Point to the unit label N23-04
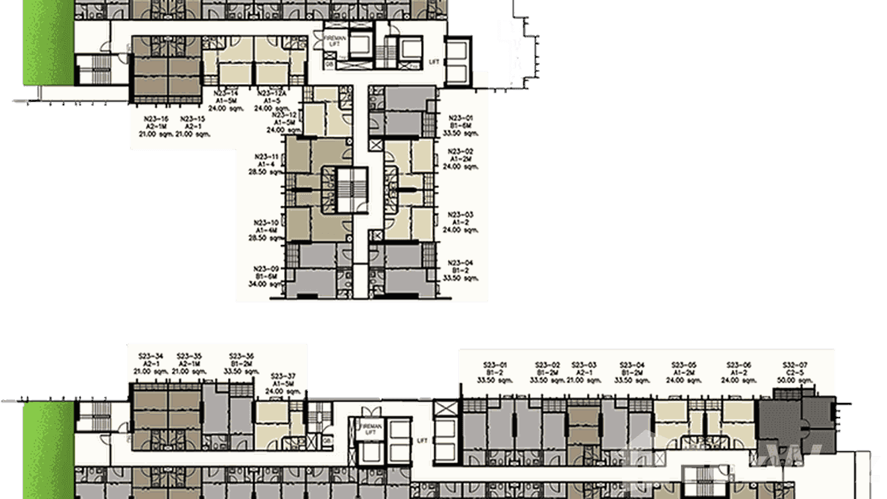[x=460, y=262]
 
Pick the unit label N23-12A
[x=272, y=93]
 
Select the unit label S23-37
[x=283, y=375]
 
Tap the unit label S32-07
[x=794, y=365]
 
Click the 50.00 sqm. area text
[x=794, y=380]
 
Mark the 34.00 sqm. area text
[x=266, y=283]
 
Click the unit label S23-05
[x=683, y=365]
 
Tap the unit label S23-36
[x=241, y=355]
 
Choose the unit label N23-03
[x=460, y=214]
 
